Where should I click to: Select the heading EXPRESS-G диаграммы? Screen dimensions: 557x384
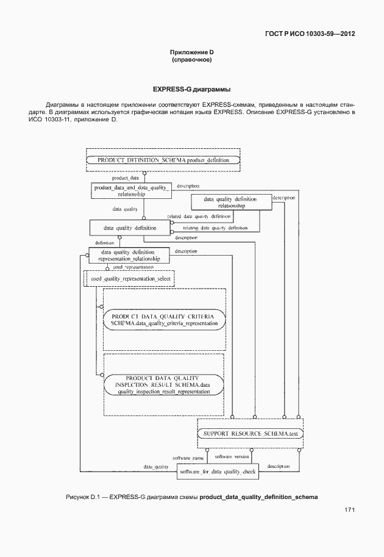pos(191,89)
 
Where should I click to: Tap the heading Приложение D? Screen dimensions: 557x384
pos(191,54)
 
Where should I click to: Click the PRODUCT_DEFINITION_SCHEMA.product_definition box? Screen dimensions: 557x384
pos(163,159)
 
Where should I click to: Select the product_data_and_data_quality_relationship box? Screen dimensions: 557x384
pos(130,191)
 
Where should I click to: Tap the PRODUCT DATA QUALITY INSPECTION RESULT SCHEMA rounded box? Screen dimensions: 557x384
pos(165,384)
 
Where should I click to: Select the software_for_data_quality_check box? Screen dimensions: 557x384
pos(218,471)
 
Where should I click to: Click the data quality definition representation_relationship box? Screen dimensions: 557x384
pos(128,255)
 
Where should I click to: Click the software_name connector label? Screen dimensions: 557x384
pos(188,457)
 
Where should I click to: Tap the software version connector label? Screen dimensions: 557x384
pos(232,456)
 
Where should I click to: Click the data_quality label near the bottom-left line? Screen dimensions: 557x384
pos(156,467)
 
